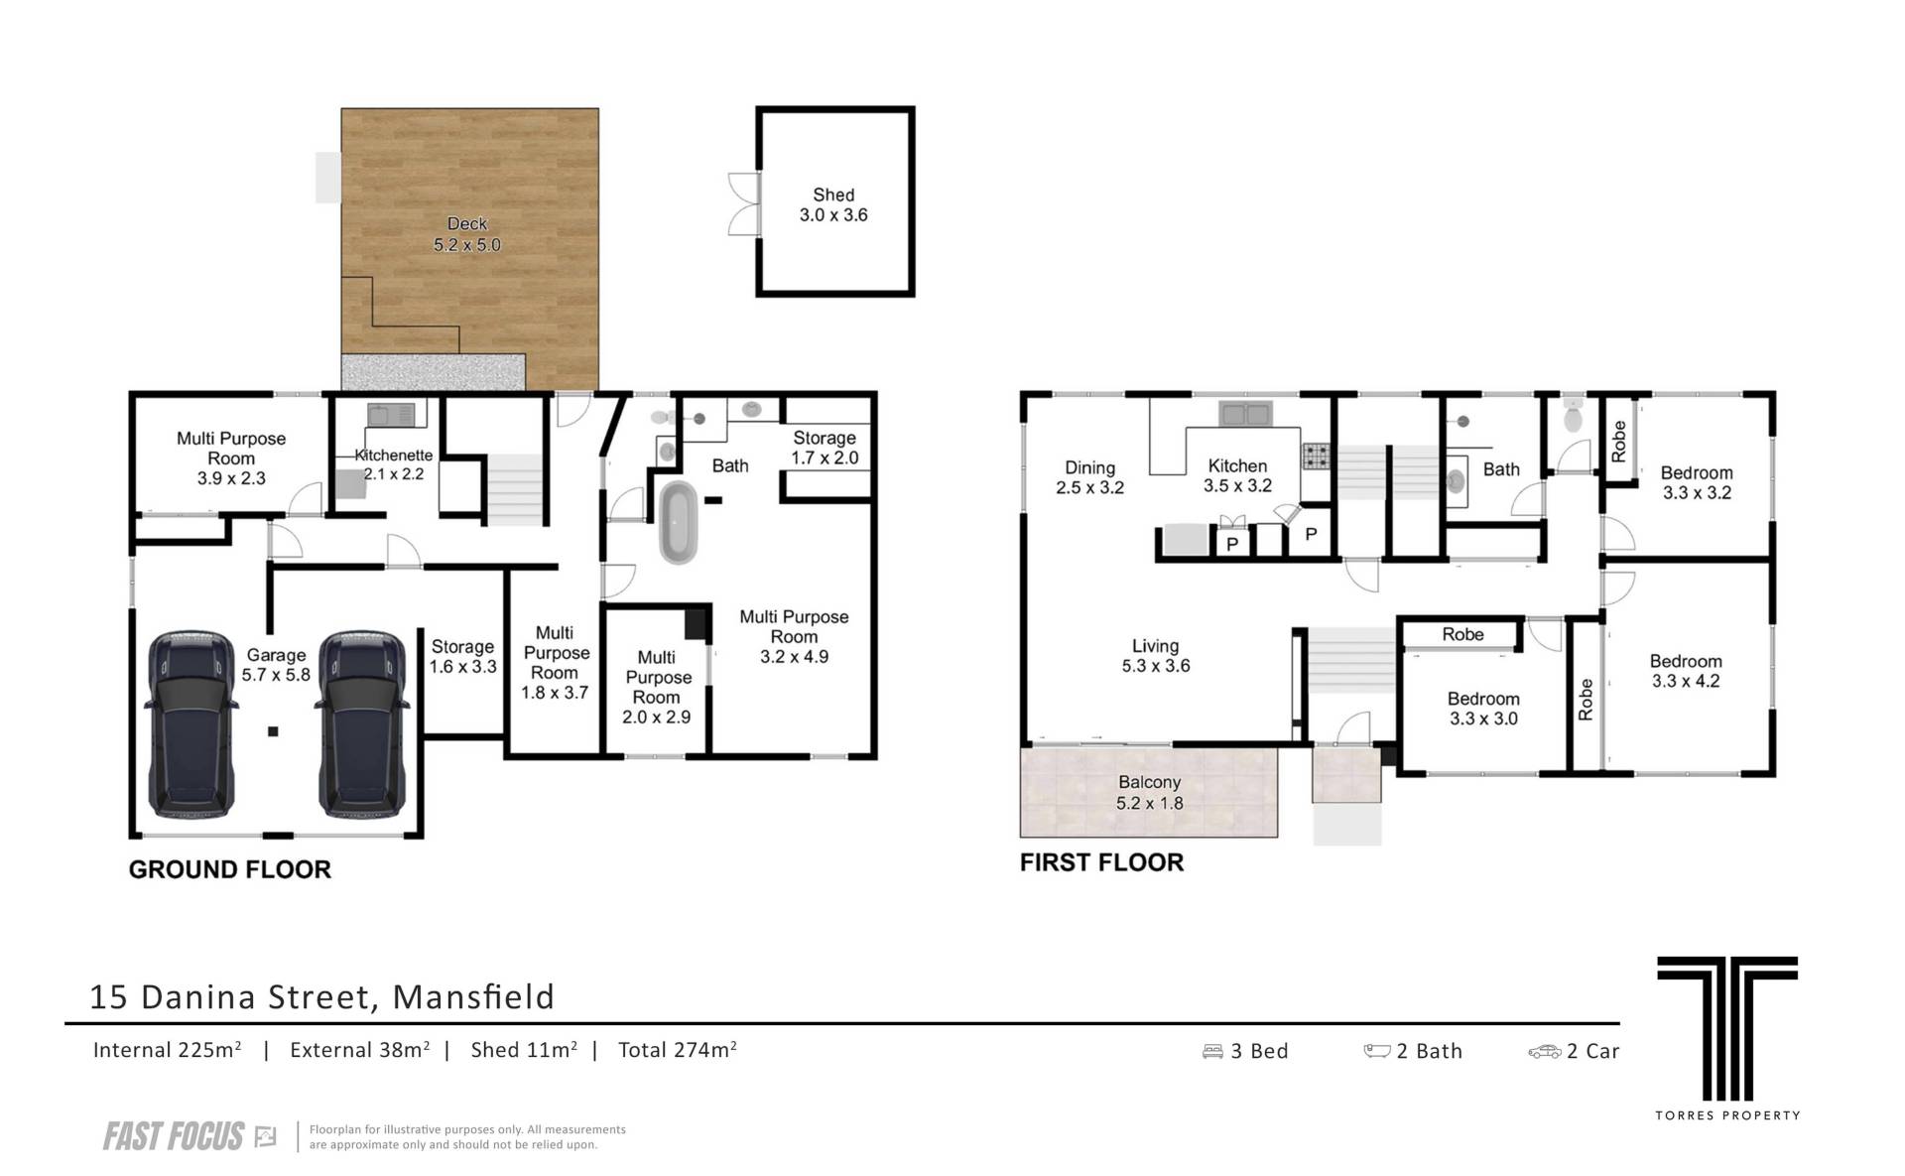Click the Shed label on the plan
(x=833, y=205)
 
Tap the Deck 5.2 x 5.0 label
(x=467, y=234)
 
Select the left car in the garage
(x=191, y=722)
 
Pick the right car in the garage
(x=360, y=722)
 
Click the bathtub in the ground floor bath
(x=679, y=523)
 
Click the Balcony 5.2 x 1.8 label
(x=1150, y=793)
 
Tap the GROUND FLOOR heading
(x=230, y=869)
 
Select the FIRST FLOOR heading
(x=1102, y=862)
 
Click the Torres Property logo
(x=1727, y=1037)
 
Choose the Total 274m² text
(x=678, y=1050)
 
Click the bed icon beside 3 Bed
(x=1212, y=1051)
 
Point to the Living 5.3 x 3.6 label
(x=1156, y=656)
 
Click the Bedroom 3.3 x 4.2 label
(x=1686, y=671)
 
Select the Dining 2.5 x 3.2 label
(x=1089, y=477)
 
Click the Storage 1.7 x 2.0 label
(x=825, y=448)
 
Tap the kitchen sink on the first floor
(x=1244, y=412)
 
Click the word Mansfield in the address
(x=474, y=996)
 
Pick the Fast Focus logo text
(x=174, y=1136)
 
